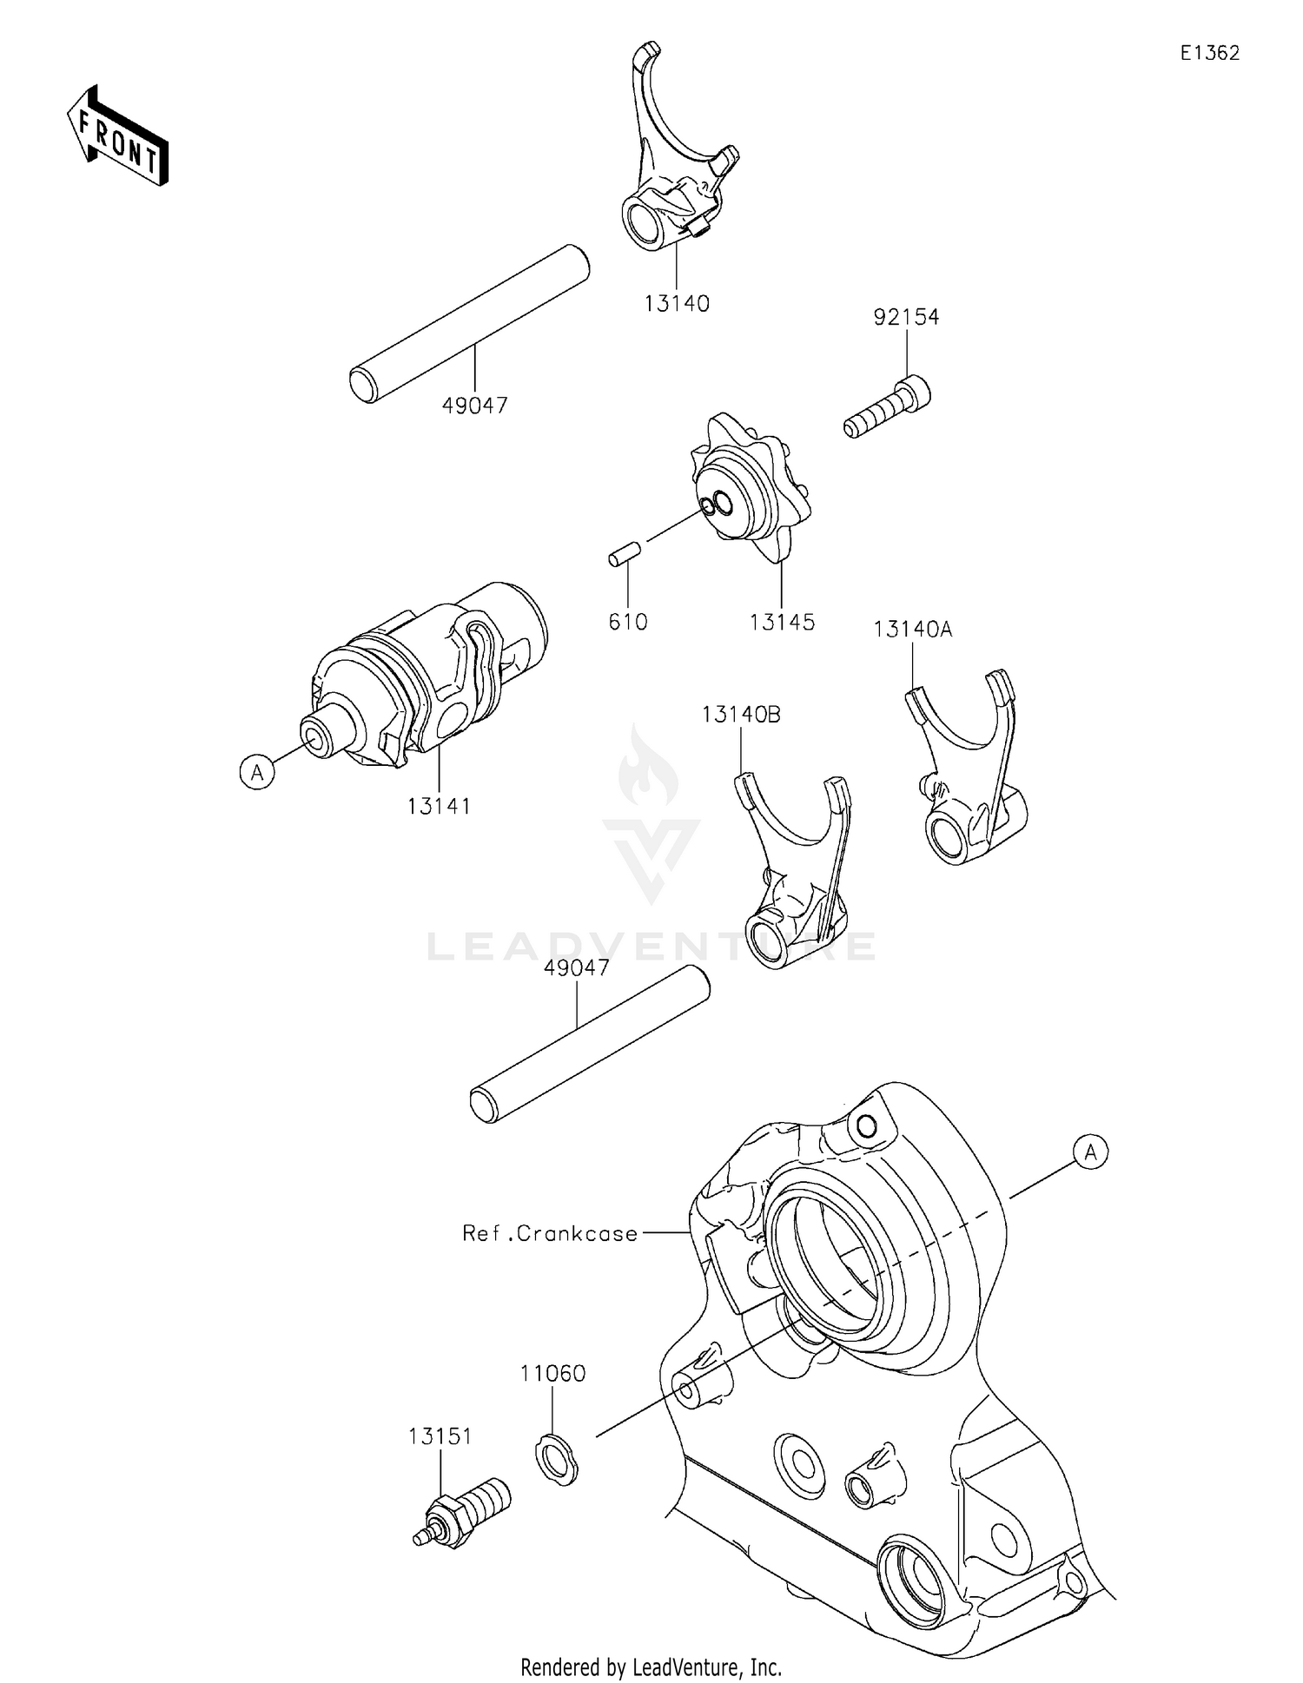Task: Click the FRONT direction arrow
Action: [117, 137]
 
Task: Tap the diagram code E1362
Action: [1209, 53]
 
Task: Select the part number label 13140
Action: [677, 304]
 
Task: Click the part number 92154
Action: [906, 318]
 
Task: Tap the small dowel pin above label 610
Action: [625, 554]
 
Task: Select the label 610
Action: [628, 623]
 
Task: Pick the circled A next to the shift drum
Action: [257, 771]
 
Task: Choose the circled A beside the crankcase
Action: [1091, 1152]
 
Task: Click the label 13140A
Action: [912, 630]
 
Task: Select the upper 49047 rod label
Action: [474, 406]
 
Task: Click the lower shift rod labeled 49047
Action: [591, 1045]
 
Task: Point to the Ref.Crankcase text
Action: [550, 1233]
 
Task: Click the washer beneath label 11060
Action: [555, 1461]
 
